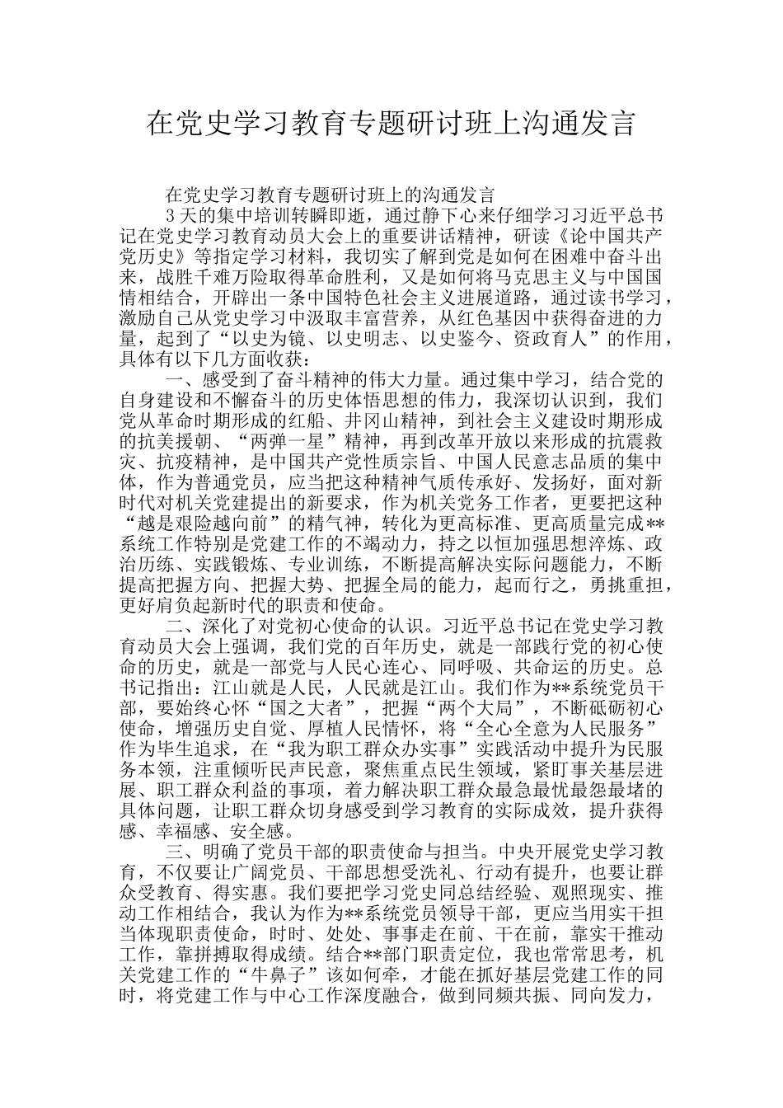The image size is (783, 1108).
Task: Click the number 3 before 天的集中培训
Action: (170, 216)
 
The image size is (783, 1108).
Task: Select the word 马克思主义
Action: (546, 277)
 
